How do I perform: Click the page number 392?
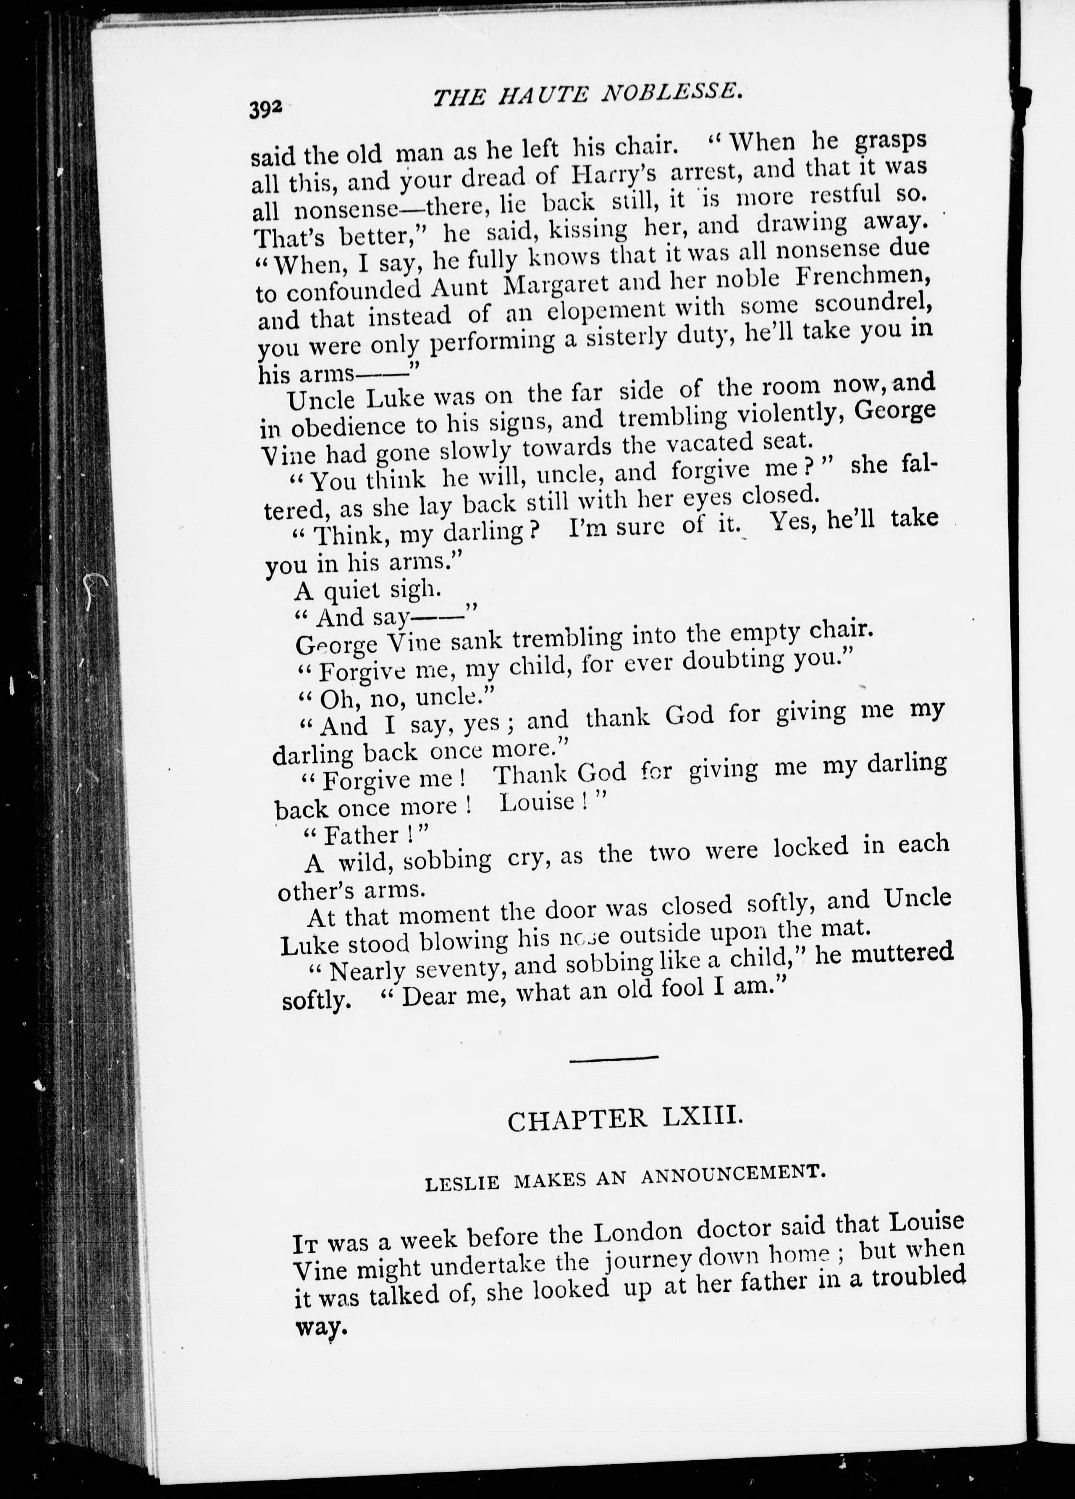266,108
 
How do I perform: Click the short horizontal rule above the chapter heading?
614,1058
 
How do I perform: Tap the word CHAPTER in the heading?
577,1120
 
